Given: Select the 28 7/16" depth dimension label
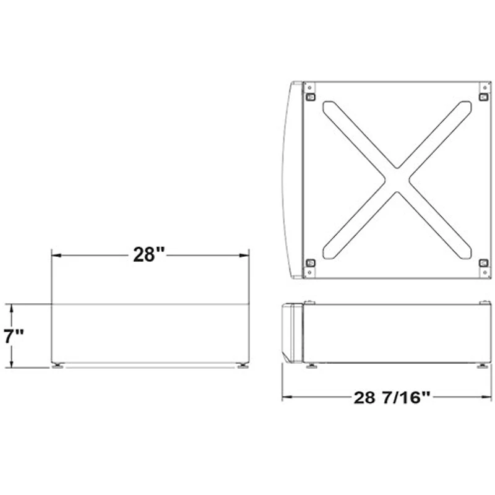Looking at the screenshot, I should pos(392,397).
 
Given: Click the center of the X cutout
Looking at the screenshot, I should pos(397,179).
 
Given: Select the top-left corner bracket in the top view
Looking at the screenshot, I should pos(311,97).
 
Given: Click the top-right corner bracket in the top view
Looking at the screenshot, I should pos(484,97).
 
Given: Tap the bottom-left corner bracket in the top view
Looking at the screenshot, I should pos(311,262).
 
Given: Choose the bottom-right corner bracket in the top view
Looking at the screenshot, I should pos(484,262).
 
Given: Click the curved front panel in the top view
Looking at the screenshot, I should pos(291,179).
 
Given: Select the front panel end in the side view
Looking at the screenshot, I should pos(291,332).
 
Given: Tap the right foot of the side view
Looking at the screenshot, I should pos(482,366).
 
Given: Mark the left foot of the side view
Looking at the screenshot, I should pos(311,366).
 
